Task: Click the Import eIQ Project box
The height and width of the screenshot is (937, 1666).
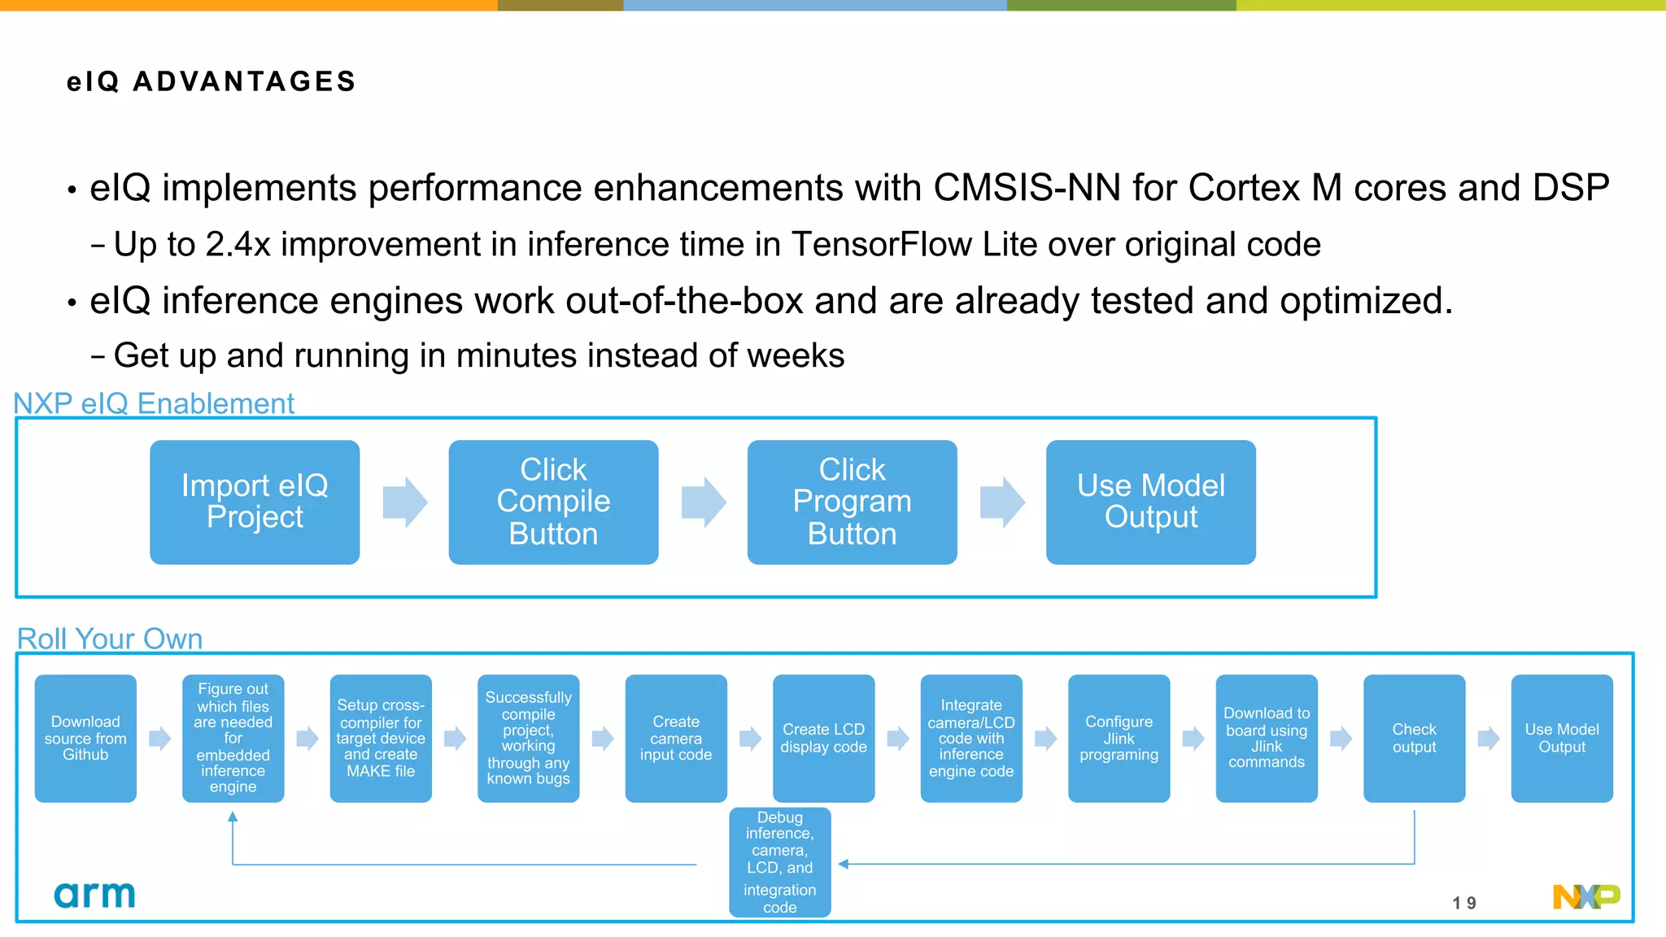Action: click(x=255, y=502)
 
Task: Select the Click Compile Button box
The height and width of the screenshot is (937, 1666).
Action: click(x=553, y=502)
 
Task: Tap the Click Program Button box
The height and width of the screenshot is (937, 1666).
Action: click(x=852, y=502)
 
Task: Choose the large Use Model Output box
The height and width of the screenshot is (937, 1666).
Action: click(x=1150, y=502)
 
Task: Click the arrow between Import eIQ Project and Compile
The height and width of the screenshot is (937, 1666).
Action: click(x=404, y=502)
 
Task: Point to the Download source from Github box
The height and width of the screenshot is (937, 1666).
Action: click(x=85, y=738)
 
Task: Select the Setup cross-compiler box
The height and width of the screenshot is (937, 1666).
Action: click(x=381, y=738)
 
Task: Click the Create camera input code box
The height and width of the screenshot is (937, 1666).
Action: click(x=675, y=738)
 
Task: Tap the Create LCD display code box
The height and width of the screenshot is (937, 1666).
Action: click(x=823, y=738)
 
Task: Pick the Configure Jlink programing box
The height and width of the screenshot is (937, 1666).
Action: click(x=1119, y=738)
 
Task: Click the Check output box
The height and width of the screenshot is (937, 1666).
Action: click(x=1414, y=738)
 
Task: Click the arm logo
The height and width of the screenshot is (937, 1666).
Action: click(x=94, y=895)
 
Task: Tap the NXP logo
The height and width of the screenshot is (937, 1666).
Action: click(x=1585, y=896)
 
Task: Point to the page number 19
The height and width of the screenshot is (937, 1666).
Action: click(x=1464, y=903)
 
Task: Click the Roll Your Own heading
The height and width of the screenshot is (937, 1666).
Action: click(x=110, y=638)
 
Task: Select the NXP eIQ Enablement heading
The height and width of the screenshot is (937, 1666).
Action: click(x=154, y=403)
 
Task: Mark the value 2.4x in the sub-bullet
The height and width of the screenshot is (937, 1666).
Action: click(x=238, y=245)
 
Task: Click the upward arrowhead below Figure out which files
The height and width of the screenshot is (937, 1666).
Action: click(x=233, y=817)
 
